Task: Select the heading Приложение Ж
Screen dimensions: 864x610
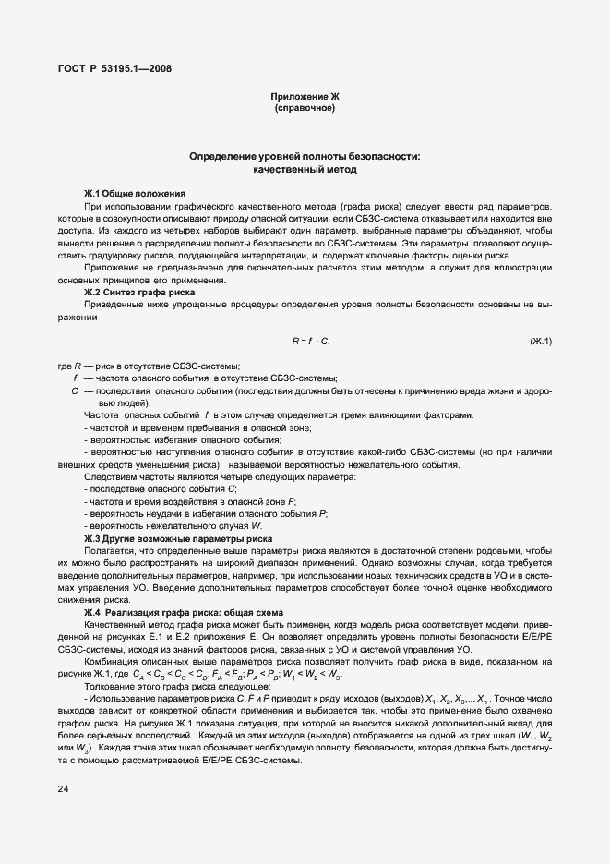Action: [x=304, y=97]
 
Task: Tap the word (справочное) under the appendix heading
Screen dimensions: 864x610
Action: [x=304, y=109]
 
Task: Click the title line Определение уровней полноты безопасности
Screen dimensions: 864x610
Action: [x=304, y=157]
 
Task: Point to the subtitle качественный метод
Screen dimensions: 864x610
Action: [x=304, y=170]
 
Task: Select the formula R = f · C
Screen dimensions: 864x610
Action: [x=310, y=342]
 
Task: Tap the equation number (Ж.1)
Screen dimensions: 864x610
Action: [x=540, y=342]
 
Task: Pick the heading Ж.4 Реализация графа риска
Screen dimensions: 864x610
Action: [x=193, y=613]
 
